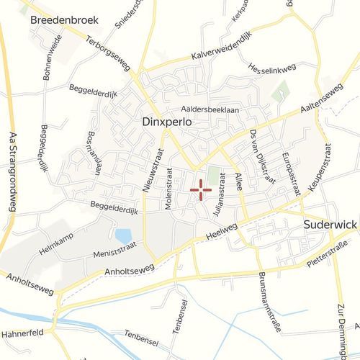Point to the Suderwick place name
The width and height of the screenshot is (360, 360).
330,225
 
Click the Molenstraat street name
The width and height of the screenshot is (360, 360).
168,189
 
